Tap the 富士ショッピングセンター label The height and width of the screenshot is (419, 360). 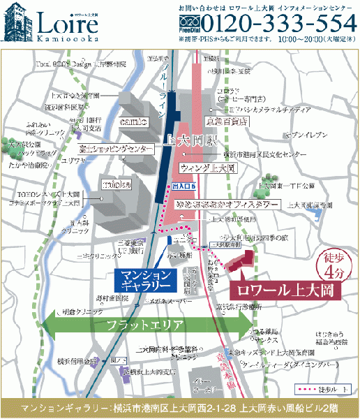116,149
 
